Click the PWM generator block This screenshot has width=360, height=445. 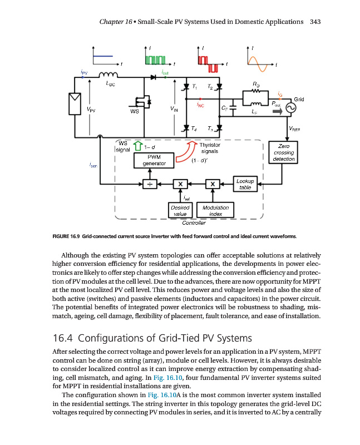click(152, 160)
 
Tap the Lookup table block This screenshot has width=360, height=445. click(245, 184)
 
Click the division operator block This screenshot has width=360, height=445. click(149, 184)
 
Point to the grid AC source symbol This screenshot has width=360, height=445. click(289, 108)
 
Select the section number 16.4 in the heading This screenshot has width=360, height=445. click(63, 338)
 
